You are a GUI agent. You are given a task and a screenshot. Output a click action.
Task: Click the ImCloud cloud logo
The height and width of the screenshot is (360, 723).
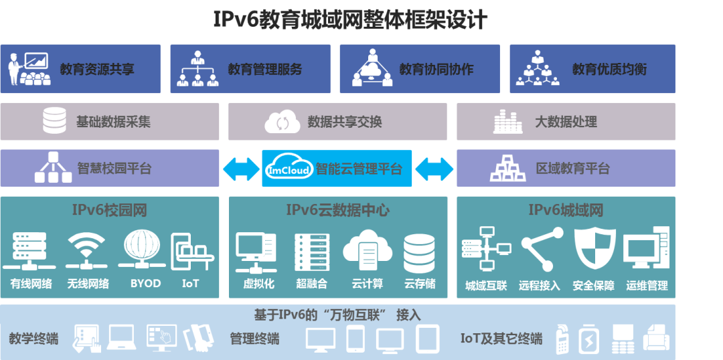tap(288, 168)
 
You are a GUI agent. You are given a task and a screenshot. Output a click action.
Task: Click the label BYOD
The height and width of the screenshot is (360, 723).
tap(145, 283)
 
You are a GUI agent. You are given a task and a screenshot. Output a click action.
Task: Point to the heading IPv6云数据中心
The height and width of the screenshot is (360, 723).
tap(337, 210)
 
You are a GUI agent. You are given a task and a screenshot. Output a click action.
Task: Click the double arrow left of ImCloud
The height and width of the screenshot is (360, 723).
tap(241, 169)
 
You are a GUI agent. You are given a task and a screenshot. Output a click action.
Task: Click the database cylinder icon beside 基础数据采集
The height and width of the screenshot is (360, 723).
tap(54, 121)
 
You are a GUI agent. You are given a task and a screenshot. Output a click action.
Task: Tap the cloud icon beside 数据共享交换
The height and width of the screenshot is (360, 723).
tap(282, 122)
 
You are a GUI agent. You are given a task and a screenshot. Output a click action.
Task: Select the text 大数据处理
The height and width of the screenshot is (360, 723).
tap(566, 122)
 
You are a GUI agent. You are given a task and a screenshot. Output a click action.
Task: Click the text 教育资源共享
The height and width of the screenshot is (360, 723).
tap(97, 69)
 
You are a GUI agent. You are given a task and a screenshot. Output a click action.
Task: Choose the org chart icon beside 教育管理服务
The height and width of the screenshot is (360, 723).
tap(197, 69)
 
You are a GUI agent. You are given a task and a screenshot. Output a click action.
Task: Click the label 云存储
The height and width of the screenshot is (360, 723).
tap(420, 284)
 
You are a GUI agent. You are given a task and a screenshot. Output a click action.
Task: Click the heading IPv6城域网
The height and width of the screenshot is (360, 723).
tap(566, 210)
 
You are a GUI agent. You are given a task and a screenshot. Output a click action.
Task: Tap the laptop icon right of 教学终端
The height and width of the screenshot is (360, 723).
tap(122, 337)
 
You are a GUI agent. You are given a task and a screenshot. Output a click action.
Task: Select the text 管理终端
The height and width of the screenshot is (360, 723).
tap(254, 339)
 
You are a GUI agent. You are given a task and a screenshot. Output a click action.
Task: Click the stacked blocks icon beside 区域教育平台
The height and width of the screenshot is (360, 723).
tap(507, 168)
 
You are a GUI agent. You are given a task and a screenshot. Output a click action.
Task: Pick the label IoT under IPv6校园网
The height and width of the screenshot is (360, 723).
tap(190, 283)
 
